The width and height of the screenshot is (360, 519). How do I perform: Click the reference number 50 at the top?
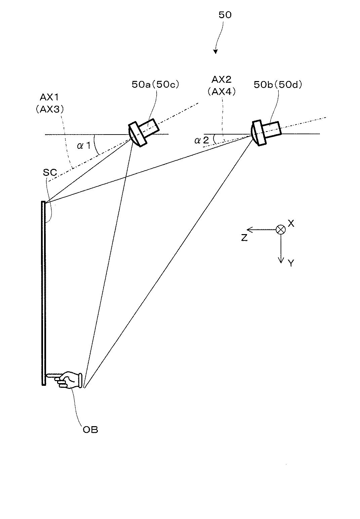coord(225,15)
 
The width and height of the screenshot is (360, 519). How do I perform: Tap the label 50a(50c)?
coord(155,84)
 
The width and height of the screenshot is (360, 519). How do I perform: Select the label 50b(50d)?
coord(278,85)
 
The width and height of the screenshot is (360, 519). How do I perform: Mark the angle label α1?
coord(84,146)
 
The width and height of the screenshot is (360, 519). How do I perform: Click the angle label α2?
coord(202,141)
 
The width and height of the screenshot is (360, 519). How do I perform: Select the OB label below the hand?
coord(90,430)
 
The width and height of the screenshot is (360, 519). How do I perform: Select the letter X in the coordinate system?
coord(291,223)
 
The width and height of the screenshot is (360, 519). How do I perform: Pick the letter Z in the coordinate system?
coord(244,238)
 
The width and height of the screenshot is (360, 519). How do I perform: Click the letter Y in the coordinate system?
coord(291,263)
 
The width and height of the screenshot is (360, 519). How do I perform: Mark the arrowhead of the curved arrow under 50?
coord(215,51)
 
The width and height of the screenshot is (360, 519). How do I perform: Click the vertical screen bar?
coord(44,293)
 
